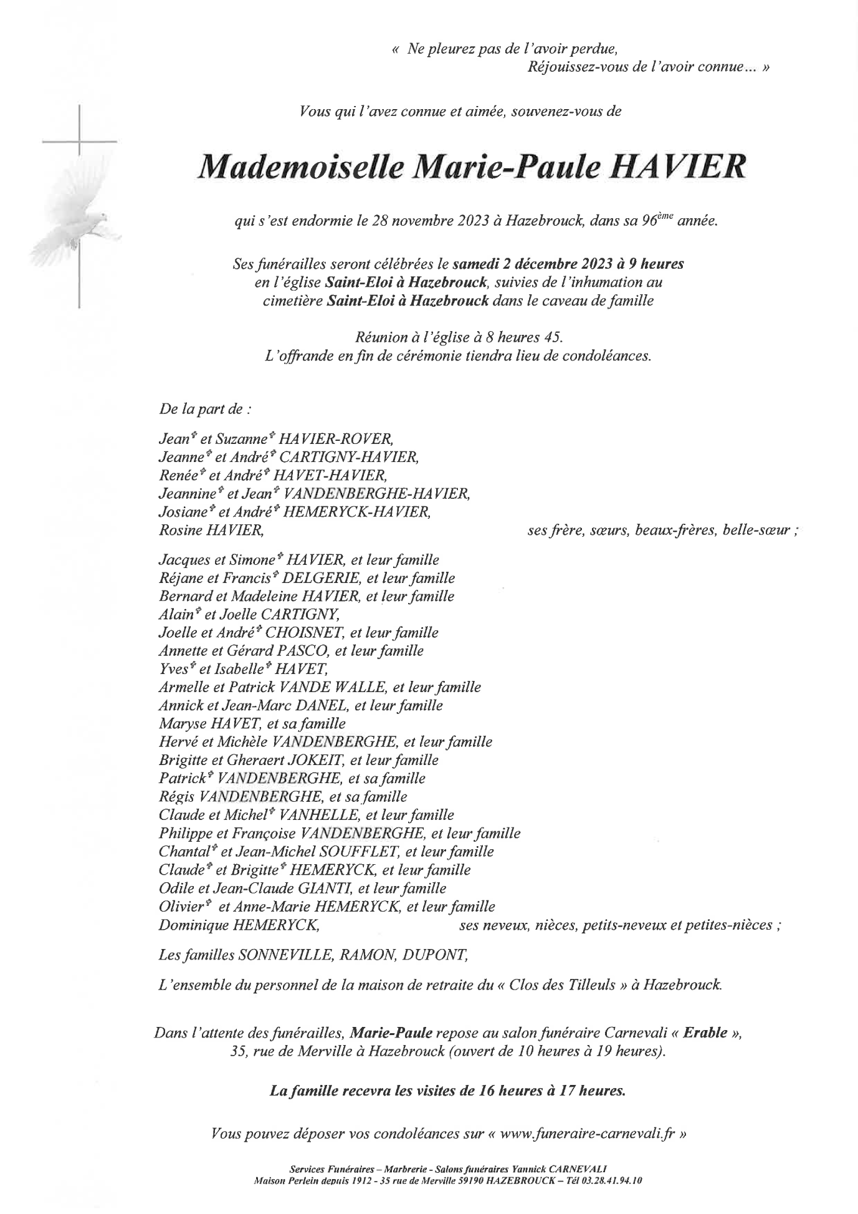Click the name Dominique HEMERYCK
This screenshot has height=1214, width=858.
point(239,925)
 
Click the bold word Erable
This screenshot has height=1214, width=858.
point(705,1032)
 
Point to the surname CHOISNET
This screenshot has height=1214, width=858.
point(305,633)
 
